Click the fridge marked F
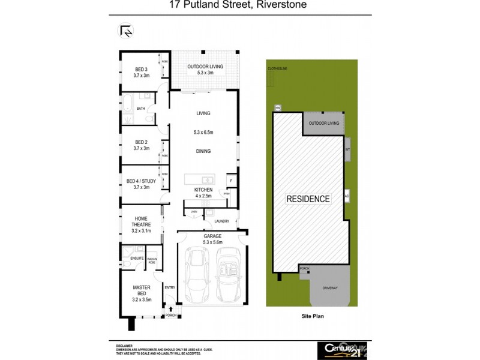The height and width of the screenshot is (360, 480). tap(230, 180)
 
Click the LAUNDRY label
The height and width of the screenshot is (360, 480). tap(221, 221)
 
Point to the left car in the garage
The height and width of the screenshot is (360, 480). tap(196, 274)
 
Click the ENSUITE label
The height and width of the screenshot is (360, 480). tap(136, 258)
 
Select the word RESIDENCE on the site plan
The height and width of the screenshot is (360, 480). tap(307, 199)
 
